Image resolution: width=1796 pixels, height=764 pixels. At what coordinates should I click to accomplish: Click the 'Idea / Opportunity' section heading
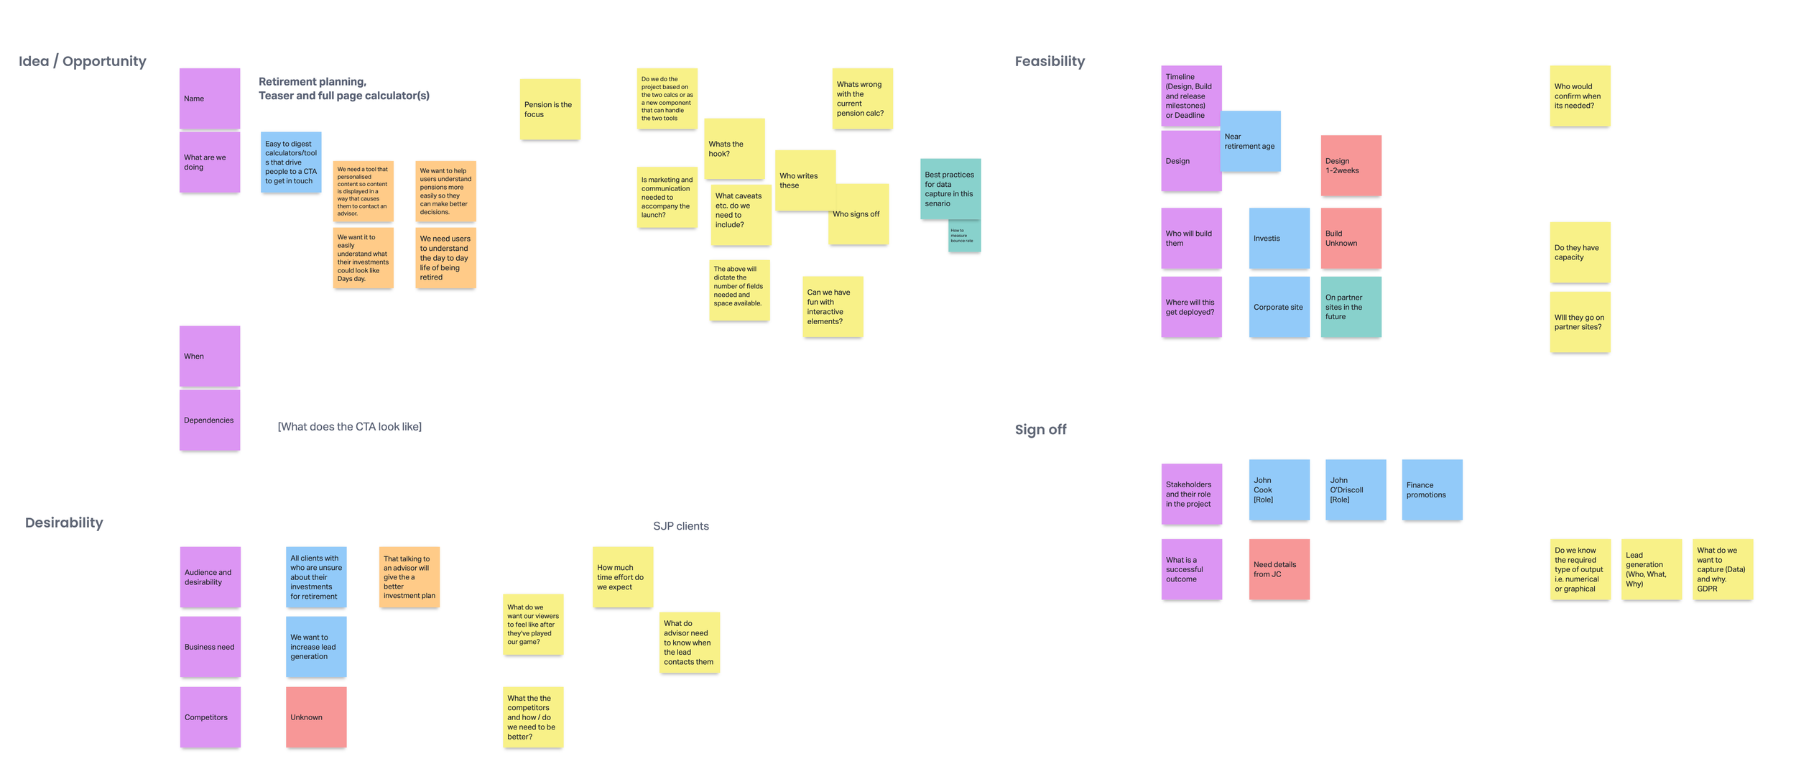pyautogui.click(x=82, y=61)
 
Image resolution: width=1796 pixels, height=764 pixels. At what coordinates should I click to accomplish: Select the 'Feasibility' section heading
pyautogui.click(x=1049, y=61)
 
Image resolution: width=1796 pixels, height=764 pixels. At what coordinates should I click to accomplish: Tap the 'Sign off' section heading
pyautogui.click(x=1040, y=429)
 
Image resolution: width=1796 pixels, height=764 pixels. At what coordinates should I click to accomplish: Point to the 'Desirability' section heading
pyautogui.click(x=64, y=523)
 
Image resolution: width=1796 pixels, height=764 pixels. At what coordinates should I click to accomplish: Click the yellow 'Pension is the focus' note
pyautogui.click(x=550, y=109)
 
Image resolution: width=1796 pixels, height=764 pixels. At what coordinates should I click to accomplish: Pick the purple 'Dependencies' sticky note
pyautogui.click(x=209, y=420)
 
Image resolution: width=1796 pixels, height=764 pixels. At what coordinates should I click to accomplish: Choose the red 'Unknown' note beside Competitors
pyautogui.click(x=316, y=717)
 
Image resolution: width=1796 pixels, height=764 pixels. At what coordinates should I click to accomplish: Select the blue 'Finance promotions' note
pyautogui.click(x=1431, y=489)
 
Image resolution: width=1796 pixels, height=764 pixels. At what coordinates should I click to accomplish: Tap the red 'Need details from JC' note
pyautogui.click(x=1278, y=569)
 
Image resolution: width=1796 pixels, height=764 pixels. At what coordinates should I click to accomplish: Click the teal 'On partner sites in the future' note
pyautogui.click(x=1350, y=307)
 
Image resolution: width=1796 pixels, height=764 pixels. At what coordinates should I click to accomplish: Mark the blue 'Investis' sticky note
pyautogui.click(x=1278, y=238)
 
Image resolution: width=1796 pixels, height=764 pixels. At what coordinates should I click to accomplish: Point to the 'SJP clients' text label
pyautogui.click(x=680, y=526)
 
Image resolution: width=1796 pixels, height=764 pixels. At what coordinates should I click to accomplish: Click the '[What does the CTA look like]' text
pyautogui.click(x=349, y=426)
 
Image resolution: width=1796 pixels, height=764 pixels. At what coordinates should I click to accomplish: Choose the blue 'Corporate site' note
pyautogui.click(x=1278, y=307)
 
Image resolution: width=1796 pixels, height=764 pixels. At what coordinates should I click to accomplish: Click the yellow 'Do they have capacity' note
pyautogui.click(x=1579, y=252)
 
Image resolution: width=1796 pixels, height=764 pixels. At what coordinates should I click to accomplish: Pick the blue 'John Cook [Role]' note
pyautogui.click(x=1278, y=489)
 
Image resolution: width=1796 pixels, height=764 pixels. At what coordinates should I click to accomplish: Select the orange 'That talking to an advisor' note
pyautogui.click(x=409, y=576)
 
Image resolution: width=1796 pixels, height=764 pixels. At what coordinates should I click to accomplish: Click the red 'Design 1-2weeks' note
pyautogui.click(x=1350, y=165)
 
